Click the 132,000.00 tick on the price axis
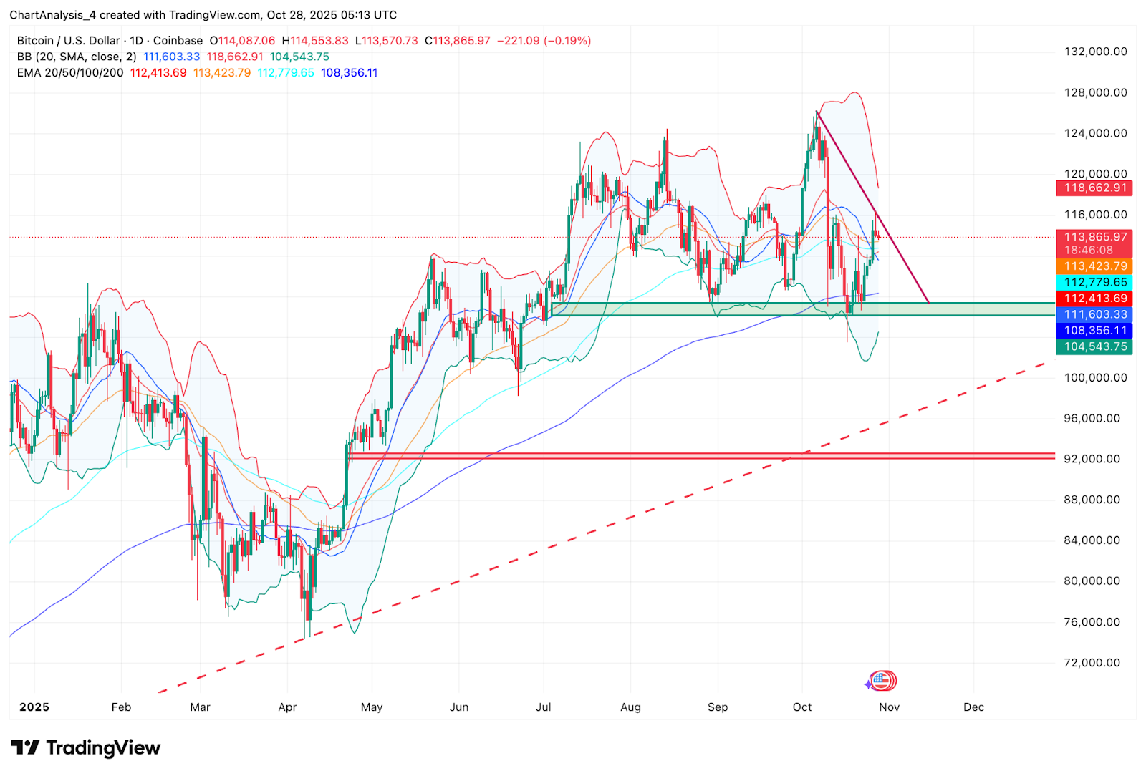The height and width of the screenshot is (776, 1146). pyautogui.click(x=1095, y=52)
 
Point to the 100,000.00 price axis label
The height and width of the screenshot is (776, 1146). pyautogui.click(x=1095, y=377)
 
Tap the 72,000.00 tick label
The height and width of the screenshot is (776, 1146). pyautogui.click(x=1092, y=662)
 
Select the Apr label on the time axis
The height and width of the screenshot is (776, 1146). pyautogui.click(x=287, y=707)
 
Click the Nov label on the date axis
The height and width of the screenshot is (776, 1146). pyautogui.click(x=889, y=707)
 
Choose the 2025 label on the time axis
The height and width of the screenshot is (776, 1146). pyautogui.click(x=34, y=707)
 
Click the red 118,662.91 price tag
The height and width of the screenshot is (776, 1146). pyautogui.click(x=1094, y=188)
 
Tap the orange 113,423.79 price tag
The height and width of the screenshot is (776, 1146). pyautogui.click(x=1094, y=266)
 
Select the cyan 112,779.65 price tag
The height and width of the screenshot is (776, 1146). pyautogui.click(x=1094, y=283)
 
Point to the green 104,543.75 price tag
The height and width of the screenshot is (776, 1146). pyautogui.click(x=1094, y=347)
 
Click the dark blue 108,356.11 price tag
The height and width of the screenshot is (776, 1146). pyautogui.click(x=1094, y=331)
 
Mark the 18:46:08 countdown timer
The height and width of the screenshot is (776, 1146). pyautogui.click(x=1088, y=250)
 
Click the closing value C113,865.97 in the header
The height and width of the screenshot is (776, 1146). pyautogui.click(x=458, y=41)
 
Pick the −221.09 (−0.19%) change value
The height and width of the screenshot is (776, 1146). pyautogui.click(x=544, y=41)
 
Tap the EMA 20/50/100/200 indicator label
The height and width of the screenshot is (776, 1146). pyautogui.click(x=70, y=73)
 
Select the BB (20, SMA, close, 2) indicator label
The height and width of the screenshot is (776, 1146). pyautogui.click(x=77, y=57)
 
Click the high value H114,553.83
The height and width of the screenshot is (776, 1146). pyautogui.click(x=315, y=41)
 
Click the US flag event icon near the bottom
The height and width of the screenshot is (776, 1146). pyautogui.click(x=882, y=681)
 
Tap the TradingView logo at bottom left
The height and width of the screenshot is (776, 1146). pyautogui.click(x=86, y=748)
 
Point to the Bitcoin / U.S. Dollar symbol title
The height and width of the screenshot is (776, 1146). pyautogui.click(x=69, y=41)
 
